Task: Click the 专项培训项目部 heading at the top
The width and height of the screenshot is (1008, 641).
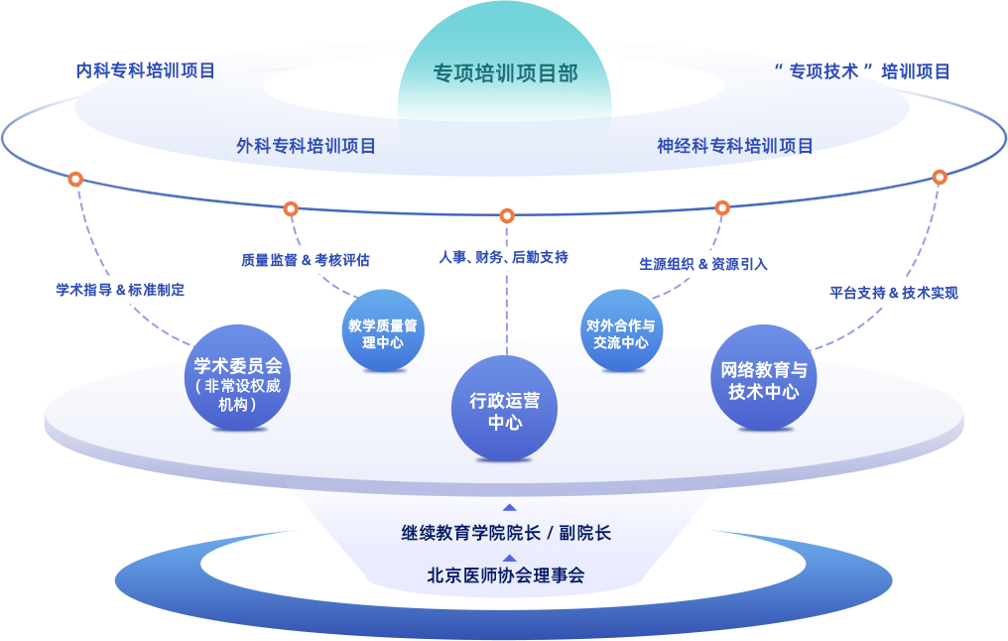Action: click(x=505, y=73)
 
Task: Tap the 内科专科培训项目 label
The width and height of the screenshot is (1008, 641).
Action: click(x=146, y=70)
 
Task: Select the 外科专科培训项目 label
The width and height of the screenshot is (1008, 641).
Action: click(x=307, y=146)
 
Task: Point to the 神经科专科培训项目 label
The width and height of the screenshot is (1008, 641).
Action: click(x=735, y=146)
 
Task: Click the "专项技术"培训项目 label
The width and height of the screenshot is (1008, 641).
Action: click(x=861, y=70)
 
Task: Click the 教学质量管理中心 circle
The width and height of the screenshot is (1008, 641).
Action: click(x=383, y=333)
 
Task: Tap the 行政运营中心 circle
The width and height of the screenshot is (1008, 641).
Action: click(x=505, y=411)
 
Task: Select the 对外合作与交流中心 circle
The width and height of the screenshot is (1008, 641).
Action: click(x=621, y=333)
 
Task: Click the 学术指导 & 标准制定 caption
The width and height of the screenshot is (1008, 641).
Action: click(x=120, y=290)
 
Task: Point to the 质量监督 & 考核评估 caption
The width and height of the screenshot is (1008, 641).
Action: click(x=306, y=260)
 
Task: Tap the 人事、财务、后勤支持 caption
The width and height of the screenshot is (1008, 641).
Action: click(x=504, y=257)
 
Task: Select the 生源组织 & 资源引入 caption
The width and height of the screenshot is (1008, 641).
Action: click(x=703, y=264)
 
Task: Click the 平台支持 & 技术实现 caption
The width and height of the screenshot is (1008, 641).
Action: click(x=894, y=293)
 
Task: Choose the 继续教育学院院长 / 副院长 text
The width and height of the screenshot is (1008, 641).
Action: click(x=506, y=533)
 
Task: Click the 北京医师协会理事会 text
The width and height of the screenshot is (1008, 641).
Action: click(x=506, y=575)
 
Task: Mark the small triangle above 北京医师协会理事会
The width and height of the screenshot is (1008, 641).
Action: click(x=509, y=558)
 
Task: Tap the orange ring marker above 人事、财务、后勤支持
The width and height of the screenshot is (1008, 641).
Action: click(x=507, y=215)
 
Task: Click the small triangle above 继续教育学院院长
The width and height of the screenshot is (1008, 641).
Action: click(x=509, y=507)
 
